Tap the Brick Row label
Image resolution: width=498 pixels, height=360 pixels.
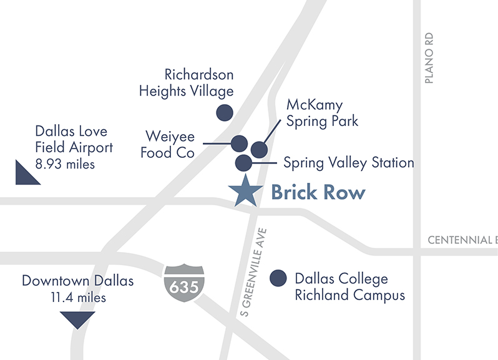coord(318,192)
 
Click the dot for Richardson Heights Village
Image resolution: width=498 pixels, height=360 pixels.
coord(224,112)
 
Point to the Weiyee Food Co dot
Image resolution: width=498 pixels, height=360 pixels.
coord(239,143)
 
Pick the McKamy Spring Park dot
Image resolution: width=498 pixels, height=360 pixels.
coord(259,149)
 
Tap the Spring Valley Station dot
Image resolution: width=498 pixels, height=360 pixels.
coord(243,163)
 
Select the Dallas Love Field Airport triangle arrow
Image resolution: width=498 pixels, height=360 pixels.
coord(26,173)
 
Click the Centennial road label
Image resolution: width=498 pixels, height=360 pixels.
coord(462,240)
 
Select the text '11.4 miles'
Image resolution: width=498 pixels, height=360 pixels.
coord(78,298)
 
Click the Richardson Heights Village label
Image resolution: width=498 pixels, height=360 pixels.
coord(186,83)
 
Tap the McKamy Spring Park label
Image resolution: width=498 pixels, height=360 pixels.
coord(322,112)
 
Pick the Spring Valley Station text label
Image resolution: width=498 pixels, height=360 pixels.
coord(348,163)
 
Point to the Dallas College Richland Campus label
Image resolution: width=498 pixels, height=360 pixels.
coord(349,286)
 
